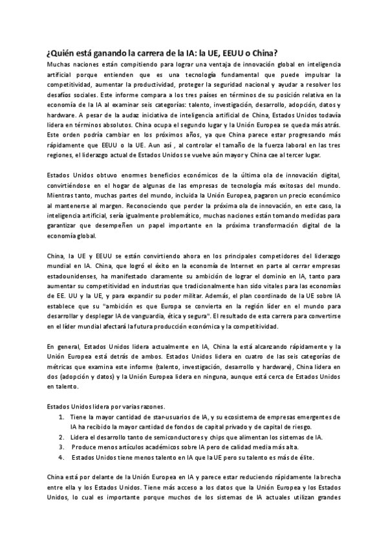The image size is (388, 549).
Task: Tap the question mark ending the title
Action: point(287,53)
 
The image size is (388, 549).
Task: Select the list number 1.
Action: point(61,418)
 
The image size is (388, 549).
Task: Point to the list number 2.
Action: point(61,437)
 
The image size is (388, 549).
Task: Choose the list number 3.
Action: point(61,447)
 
